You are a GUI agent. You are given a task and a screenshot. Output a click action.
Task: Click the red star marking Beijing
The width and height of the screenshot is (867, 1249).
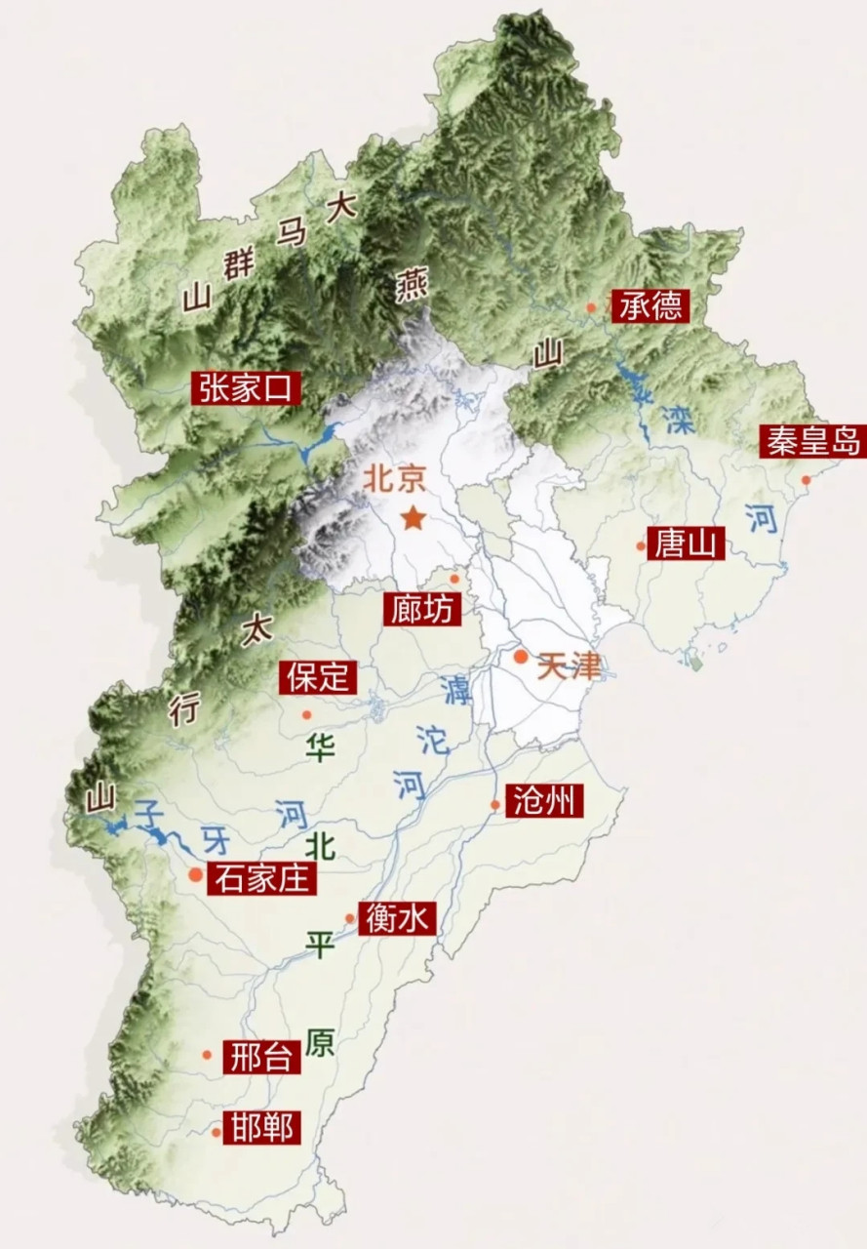[414, 518]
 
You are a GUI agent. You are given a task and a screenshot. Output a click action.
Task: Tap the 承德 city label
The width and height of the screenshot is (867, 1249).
[650, 306]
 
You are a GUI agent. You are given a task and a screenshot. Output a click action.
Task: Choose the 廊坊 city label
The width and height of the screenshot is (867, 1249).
[419, 609]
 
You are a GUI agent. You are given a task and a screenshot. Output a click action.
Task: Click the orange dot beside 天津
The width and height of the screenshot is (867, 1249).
[521, 657]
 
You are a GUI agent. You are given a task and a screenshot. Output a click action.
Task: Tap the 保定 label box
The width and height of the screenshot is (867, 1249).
[318, 676]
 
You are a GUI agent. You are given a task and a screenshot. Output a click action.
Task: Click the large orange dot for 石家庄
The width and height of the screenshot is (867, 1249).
[196, 875]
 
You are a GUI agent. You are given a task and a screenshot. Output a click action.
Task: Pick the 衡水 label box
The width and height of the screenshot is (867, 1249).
[397, 918]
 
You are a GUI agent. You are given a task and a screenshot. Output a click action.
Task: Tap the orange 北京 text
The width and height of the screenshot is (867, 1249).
[395, 479]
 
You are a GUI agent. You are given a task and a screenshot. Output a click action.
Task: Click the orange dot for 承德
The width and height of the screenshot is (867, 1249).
[590, 307]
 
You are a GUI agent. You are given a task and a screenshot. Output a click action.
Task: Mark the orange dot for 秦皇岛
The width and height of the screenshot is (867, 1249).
[806, 479]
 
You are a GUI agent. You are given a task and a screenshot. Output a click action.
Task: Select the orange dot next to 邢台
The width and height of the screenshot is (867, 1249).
[207, 1054]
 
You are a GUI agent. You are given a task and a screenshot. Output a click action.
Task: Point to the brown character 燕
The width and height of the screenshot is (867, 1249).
[412, 286]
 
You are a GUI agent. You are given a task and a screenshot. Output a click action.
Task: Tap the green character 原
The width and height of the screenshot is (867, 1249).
[319, 1042]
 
